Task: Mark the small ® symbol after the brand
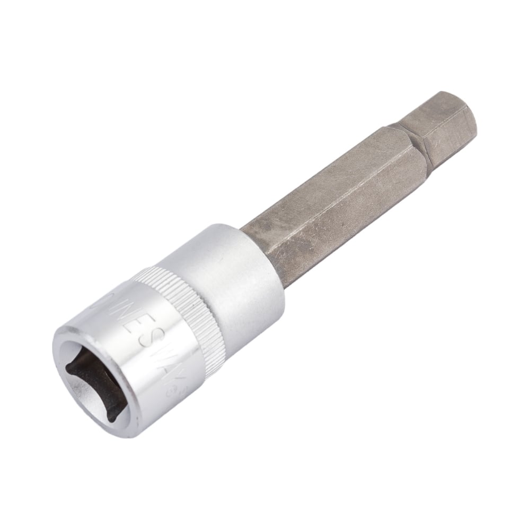(172, 392)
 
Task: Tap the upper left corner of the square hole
(69, 366)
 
